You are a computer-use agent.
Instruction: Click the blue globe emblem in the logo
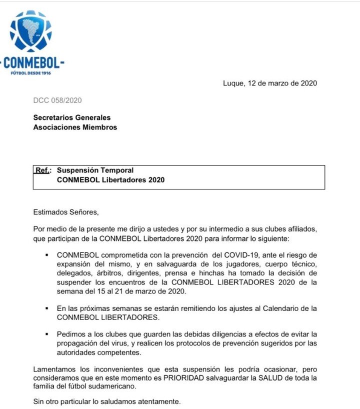(x=30, y=31)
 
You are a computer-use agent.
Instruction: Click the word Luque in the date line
(x=233, y=83)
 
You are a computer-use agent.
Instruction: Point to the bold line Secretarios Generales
(x=71, y=118)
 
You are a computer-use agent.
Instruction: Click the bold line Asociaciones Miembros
(x=75, y=127)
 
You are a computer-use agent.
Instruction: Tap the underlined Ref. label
(x=42, y=170)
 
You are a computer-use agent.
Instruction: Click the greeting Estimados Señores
(x=63, y=212)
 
